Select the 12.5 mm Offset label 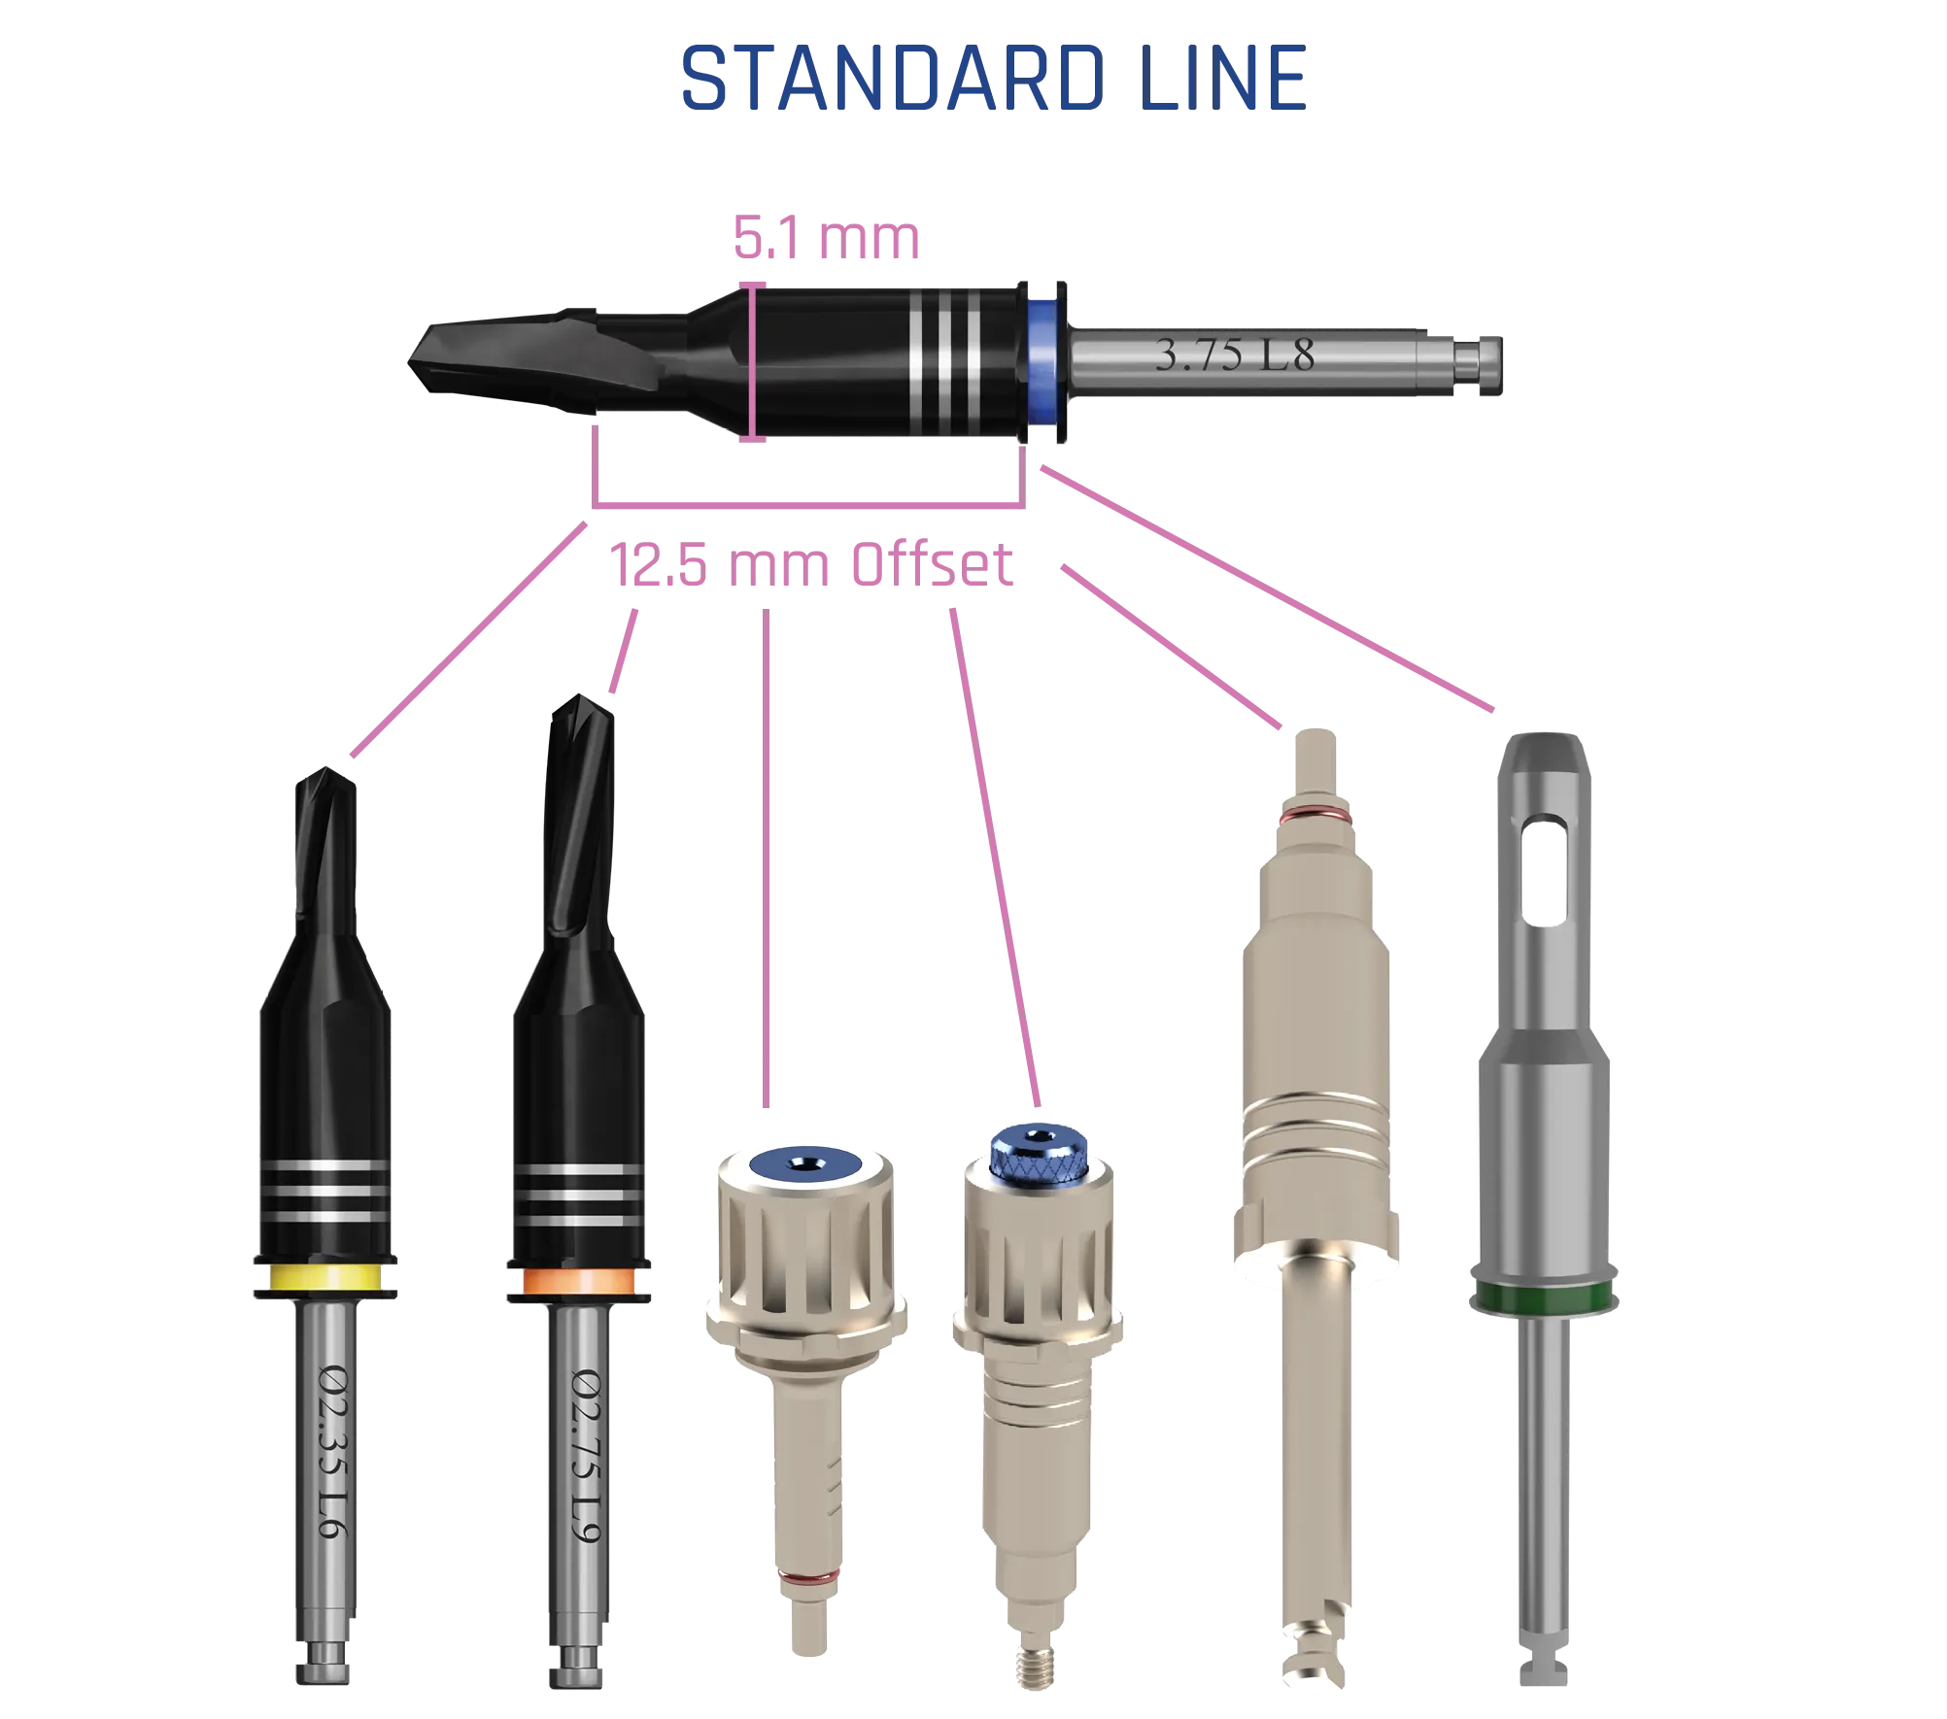(x=812, y=567)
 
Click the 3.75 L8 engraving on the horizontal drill (x=1234, y=355)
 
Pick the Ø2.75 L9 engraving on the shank (x=590, y=1453)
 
